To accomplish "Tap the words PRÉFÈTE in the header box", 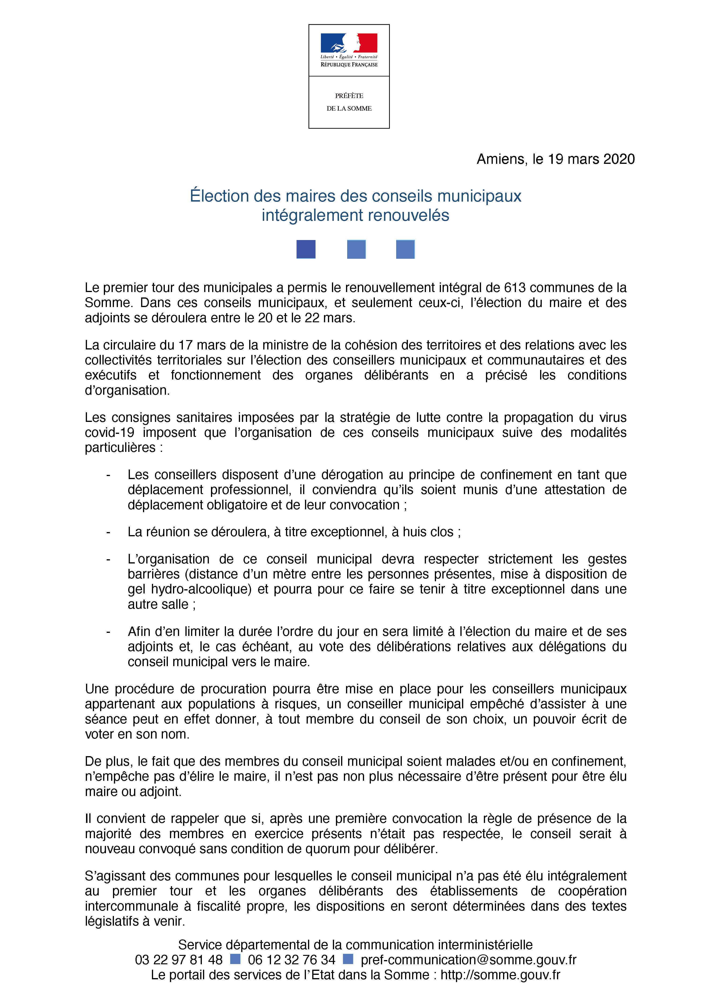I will point(349,96).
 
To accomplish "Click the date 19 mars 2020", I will point(591,159).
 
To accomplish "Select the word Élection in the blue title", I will point(219,196).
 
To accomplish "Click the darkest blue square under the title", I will point(306,249).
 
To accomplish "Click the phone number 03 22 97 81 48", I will point(179,960).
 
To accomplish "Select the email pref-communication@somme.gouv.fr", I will point(468,960).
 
